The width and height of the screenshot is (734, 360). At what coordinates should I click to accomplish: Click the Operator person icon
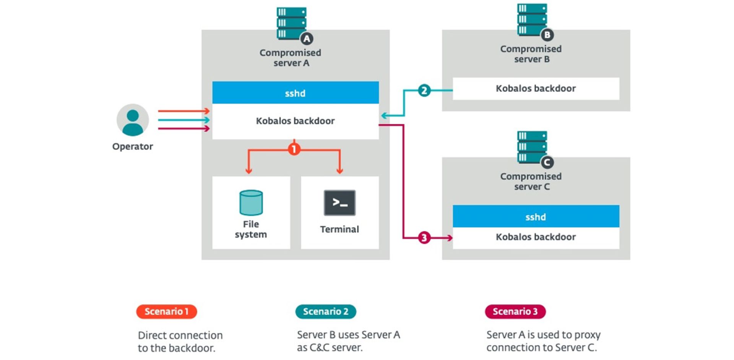click(133, 120)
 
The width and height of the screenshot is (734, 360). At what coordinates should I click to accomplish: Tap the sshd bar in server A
click(295, 93)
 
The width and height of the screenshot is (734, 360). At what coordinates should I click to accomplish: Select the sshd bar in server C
click(536, 217)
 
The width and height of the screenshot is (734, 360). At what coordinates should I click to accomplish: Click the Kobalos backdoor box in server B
click(536, 89)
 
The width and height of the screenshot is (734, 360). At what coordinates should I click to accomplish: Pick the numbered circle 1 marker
click(294, 149)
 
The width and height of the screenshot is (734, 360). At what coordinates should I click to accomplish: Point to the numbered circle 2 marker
click(424, 91)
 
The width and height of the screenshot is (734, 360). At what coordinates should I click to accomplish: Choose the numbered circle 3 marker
click(424, 238)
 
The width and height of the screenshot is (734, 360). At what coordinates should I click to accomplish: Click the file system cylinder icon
click(251, 203)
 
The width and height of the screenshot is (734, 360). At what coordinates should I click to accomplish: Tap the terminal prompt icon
click(339, 203)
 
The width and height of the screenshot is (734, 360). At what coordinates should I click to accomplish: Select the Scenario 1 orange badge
click(166, 311)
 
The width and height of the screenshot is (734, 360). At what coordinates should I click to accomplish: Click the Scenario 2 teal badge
click(325, 311)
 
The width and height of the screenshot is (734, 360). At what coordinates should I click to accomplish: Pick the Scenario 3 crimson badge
click(515, 311)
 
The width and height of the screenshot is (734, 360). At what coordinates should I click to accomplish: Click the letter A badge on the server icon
click(307, 39)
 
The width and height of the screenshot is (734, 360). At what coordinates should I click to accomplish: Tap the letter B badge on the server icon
click(547, 35)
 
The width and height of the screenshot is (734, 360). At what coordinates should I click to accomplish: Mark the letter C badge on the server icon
click(547, 162)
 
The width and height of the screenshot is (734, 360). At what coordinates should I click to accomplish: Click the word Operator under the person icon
click(132, 146)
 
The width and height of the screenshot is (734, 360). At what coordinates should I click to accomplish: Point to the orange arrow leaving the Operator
click(183, 111)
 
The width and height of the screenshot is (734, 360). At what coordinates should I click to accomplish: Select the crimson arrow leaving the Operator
click(183, 128)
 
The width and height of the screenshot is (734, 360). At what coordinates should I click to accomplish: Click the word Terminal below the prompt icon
click(339, 229)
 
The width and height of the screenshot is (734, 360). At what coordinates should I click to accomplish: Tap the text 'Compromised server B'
click(531, 54)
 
